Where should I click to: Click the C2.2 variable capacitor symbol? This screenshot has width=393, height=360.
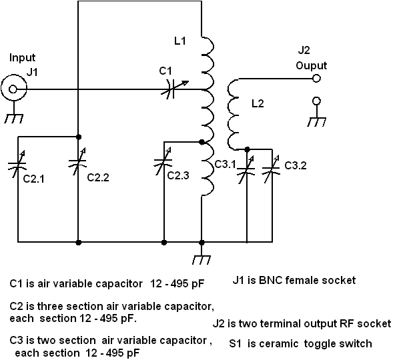pos(77,161)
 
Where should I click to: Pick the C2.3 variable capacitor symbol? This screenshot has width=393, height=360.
pos(163,161)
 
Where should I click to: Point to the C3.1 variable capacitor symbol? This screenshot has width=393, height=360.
pos(246,169)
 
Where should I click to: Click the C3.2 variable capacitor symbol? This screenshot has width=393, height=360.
pos(272,169)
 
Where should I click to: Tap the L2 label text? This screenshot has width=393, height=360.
pos(258,103)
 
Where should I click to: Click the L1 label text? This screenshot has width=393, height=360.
pos(180,41)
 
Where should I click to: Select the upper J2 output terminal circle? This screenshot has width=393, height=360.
pos(316,79)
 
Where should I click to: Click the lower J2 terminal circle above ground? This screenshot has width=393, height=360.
pos(316,101)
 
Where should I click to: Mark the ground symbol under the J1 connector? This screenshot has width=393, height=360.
pos(14,119)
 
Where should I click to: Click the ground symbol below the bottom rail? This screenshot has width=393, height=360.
pos(202,260)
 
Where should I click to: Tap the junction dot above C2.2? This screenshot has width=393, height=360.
pos(79,137)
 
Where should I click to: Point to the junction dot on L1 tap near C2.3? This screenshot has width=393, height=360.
pos(202,142)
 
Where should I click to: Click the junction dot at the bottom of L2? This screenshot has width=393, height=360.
pos(247,149)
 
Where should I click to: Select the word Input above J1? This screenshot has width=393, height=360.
pos(22,58)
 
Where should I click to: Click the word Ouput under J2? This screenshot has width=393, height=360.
pos(312,66)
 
